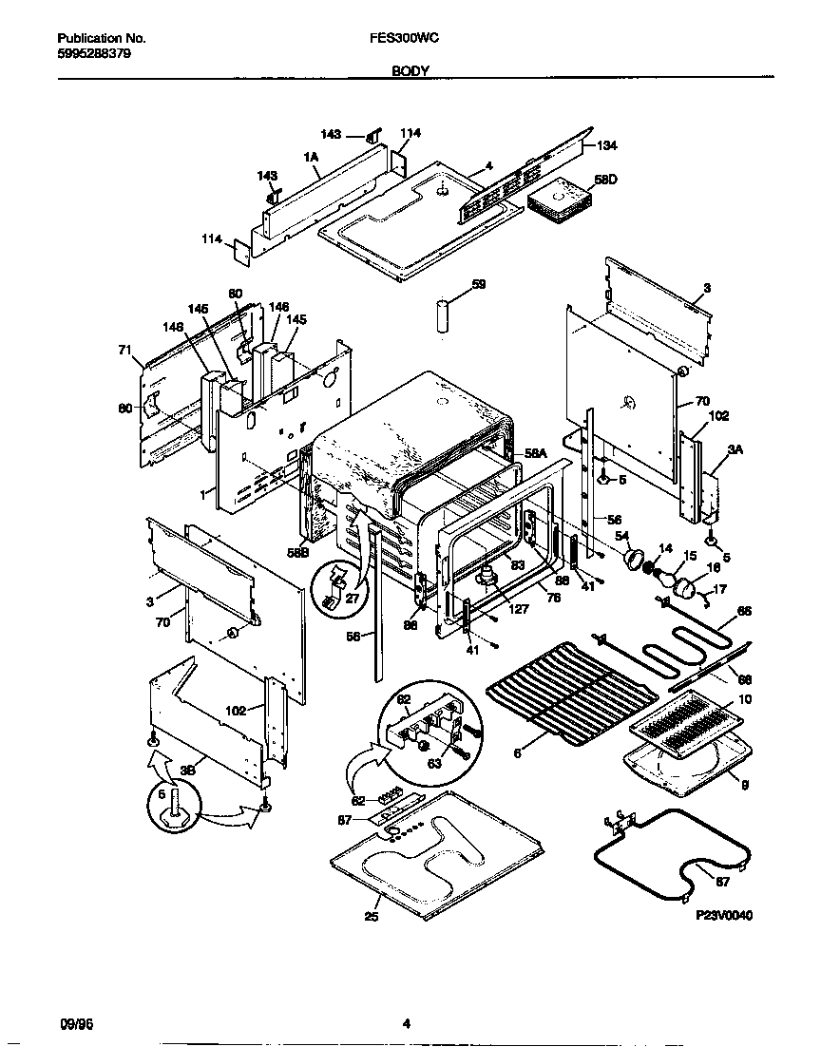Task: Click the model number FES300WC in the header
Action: pos(396,39)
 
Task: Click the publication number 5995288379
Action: pos(94,54)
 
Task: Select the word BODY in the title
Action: pos(410,71)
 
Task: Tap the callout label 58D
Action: pos(604,179)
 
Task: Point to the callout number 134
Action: pos(607,145)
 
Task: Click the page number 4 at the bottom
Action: pos(407,1023)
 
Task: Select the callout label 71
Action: pos(124,351)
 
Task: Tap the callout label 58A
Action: pos(537,454)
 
